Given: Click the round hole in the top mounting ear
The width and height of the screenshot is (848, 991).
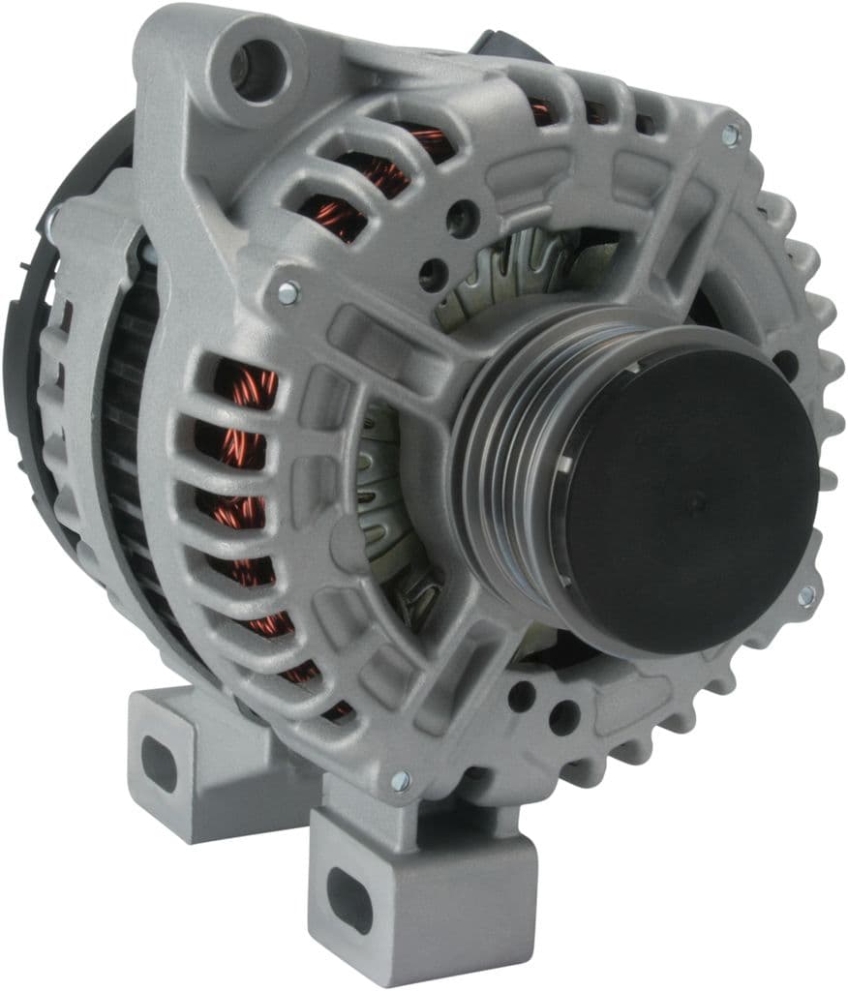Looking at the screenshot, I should [x=257, y=70].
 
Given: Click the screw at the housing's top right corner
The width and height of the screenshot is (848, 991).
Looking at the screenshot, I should [x=730, y=136].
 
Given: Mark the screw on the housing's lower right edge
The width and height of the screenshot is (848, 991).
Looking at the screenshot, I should [x=805, y=596].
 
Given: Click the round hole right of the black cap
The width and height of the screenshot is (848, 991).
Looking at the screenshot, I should [x=786, y=364].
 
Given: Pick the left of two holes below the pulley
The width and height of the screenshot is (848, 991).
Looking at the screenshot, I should [x=522, y=696].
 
